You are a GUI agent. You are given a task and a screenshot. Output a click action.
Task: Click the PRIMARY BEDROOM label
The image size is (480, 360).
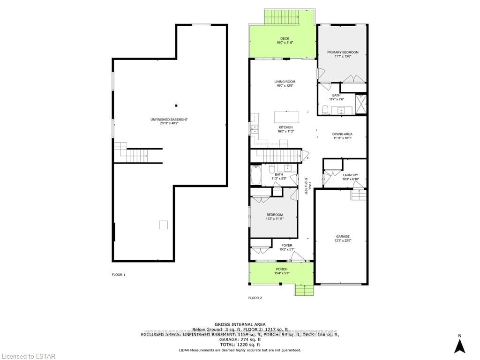[x=343, y=52]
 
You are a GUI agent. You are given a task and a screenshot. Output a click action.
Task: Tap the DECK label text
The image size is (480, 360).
[x=285, y=38]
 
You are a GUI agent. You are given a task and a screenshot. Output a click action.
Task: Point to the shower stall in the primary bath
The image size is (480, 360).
[x=361, y=104]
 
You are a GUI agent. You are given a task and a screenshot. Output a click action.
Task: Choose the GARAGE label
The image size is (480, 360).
[x=343, y=237]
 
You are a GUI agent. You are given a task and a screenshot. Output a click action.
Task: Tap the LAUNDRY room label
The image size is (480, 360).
[x=350, y=175]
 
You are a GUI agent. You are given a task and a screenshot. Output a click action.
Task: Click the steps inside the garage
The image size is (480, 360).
[x=358, y=195]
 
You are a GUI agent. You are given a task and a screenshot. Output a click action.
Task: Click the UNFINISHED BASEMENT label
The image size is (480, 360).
[x=169, y=120]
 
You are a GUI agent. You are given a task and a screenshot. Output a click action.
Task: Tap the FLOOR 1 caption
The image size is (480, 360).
[x=119, y=275]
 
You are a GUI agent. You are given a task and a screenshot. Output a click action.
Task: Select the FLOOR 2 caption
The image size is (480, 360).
[x=255, y=298]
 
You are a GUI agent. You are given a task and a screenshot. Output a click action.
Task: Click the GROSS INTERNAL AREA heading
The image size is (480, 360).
[x=240, y=324]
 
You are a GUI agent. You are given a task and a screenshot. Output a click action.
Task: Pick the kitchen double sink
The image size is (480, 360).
[x=255, y=129]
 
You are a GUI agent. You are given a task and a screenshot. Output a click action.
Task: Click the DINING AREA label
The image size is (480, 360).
[x=343, y=134]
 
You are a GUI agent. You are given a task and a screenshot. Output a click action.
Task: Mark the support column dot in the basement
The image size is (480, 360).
[x=176, y=105]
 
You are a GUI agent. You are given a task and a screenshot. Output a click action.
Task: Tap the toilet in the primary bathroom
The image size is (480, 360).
[x=325, y=110]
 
